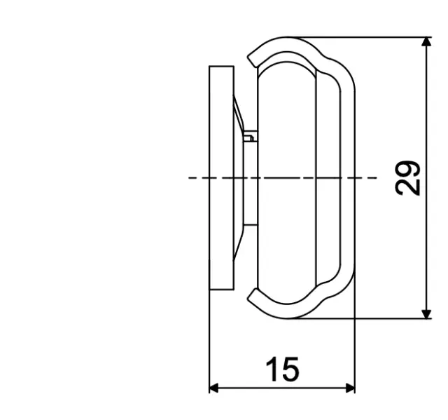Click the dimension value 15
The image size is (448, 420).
tap(282, 370)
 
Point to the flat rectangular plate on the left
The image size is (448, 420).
tap(221, 178)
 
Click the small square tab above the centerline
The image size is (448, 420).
tap(248, 136)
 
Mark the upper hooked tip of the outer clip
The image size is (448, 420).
tap(250, 59)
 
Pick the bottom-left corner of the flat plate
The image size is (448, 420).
tap(210, 289)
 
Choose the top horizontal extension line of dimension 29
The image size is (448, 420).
tap(364, 37)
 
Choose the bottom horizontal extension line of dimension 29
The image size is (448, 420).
tap(364, 318)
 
